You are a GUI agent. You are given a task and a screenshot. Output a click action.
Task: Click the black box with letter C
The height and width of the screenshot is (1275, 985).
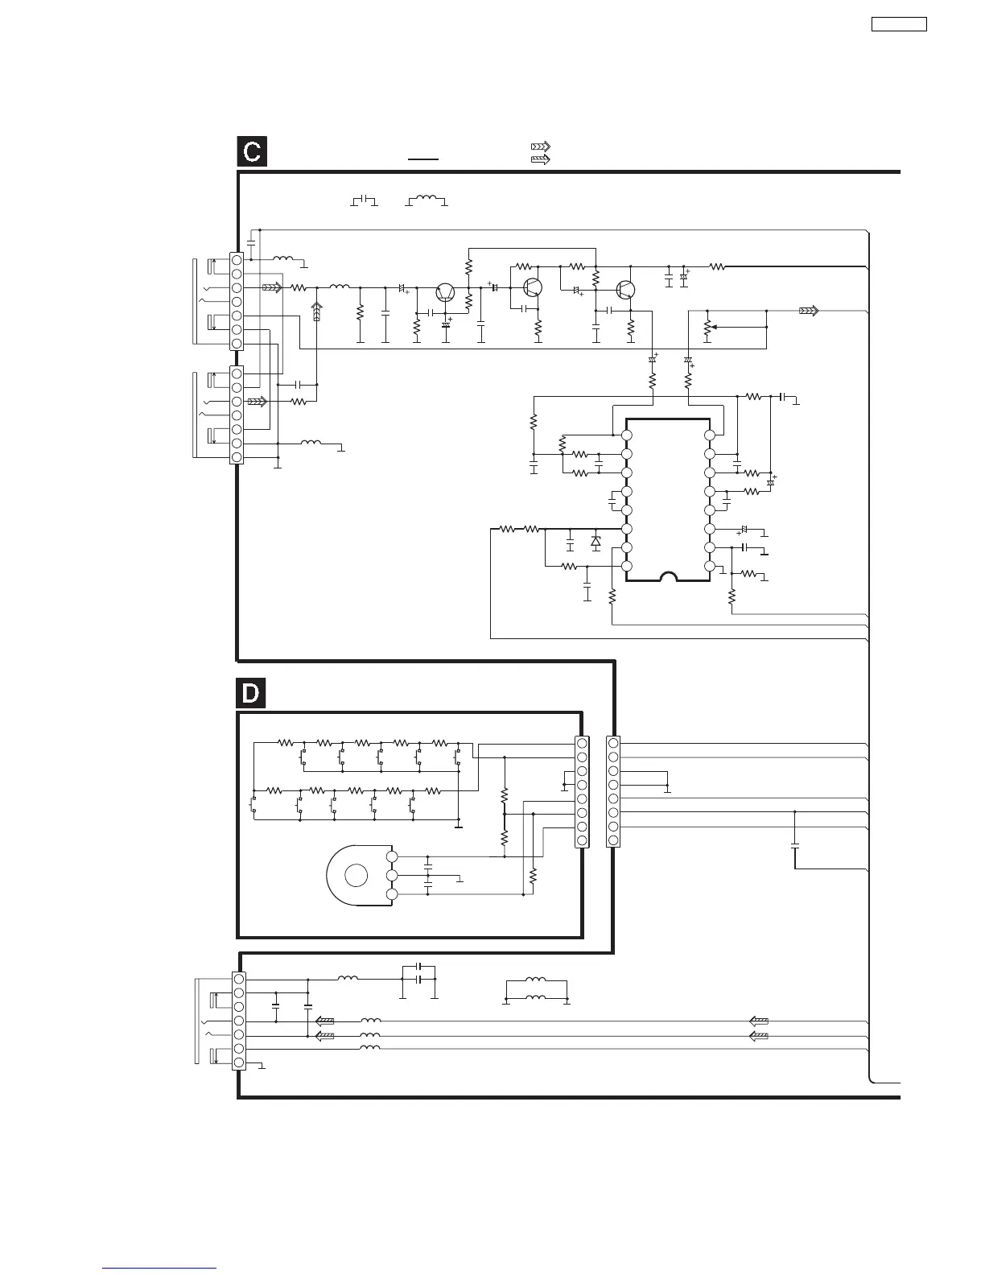pos(252,152)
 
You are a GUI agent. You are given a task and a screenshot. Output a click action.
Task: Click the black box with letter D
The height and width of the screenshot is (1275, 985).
pos(250,694)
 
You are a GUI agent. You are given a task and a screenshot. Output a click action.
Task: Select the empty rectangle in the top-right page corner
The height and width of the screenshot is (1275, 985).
pos(899,24)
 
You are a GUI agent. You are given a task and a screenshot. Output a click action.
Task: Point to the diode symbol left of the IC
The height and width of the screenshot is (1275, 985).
pos(596,542)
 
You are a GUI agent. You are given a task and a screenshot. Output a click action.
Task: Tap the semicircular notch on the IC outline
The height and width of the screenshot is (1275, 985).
pos(668,577)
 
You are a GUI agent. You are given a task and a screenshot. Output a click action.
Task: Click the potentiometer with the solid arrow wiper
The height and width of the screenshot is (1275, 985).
pos(707,328)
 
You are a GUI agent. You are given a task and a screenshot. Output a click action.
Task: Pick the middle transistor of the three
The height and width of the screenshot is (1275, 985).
pos(532,287)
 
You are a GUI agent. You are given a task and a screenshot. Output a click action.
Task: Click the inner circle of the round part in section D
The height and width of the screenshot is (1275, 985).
pos(356,876)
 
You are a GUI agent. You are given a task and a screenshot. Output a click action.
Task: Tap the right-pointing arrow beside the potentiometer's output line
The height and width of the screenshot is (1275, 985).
pos(809,310)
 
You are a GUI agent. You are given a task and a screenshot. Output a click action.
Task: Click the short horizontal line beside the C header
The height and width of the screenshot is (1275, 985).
pos(423,159)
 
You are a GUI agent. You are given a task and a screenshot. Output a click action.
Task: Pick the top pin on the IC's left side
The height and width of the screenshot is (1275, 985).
pos(626,435)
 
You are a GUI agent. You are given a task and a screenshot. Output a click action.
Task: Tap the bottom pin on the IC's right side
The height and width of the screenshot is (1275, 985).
pos(709,567)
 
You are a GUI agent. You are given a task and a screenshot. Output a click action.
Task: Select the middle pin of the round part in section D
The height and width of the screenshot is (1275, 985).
pos(392,876)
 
